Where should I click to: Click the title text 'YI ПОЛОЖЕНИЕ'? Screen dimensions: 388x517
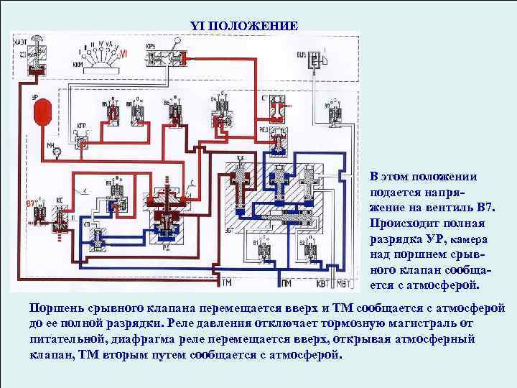[243, 26]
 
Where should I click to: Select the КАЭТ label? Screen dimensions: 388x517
[21, 42]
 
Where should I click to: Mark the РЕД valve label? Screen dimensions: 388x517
[263, 131]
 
